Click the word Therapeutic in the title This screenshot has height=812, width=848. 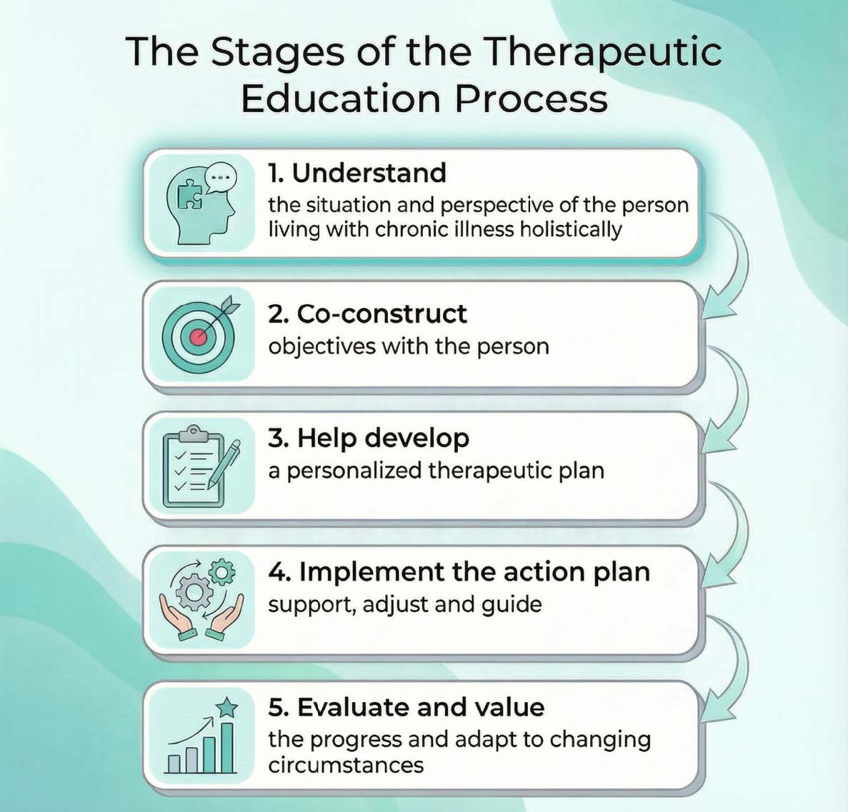[602, 53]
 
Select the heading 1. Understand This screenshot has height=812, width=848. [357, 173]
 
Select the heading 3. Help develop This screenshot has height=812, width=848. [369, 438]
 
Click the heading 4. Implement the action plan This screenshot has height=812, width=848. [459, 572]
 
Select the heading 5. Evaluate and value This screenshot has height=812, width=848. [406, 707]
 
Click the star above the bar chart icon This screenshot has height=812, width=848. [226, 708]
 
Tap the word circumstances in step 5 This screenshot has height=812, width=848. [346, 766]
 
